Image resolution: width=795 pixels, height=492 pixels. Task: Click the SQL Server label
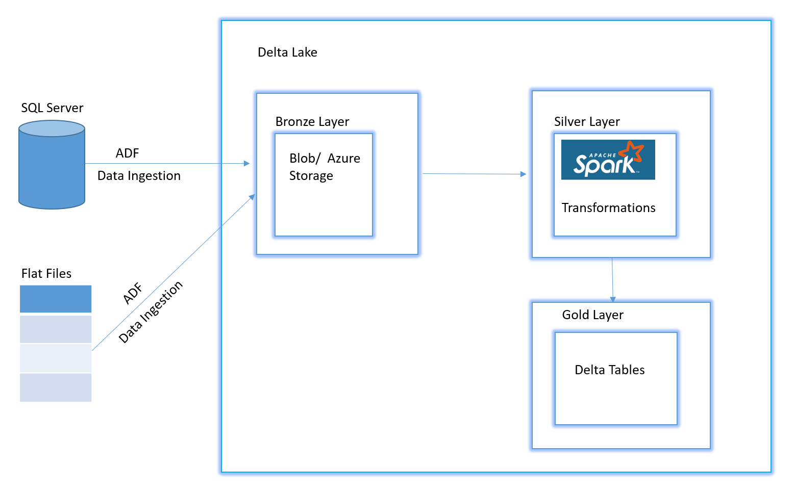tap(52, 108)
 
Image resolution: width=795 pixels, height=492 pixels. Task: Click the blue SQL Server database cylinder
tap(52, 168)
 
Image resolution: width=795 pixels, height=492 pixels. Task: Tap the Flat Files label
tap(46, 274)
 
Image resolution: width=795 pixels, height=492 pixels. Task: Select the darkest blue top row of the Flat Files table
tap(56, 299)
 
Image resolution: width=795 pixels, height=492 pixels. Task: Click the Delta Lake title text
tap(287, 53)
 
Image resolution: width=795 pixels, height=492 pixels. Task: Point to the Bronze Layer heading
tap(312, 122)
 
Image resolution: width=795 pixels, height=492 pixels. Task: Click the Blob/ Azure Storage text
tap(325, 167)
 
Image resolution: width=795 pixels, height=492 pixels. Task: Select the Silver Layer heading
tap(587, 122)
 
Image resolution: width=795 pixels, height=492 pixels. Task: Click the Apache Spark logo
tap(608, 160)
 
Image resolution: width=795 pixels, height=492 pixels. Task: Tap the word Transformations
tap(608, 208)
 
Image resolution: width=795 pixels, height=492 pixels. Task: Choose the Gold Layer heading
tap(592, 315)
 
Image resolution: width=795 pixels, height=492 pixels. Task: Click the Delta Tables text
tap(609, 370)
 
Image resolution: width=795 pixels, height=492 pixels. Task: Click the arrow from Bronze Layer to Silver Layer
tap(474, 174)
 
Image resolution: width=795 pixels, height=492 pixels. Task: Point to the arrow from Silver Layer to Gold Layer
tap(612, 280)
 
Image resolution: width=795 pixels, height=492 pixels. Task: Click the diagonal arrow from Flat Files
tap(173, 272)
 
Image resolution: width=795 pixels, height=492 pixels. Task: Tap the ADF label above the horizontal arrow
tap(127, 153)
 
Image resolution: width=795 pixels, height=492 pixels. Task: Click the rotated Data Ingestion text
tap(151, 312)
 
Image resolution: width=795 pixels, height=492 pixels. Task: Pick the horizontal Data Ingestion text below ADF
tap(139, 176)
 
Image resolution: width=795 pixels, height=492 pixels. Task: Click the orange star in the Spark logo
tap(632, 150)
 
